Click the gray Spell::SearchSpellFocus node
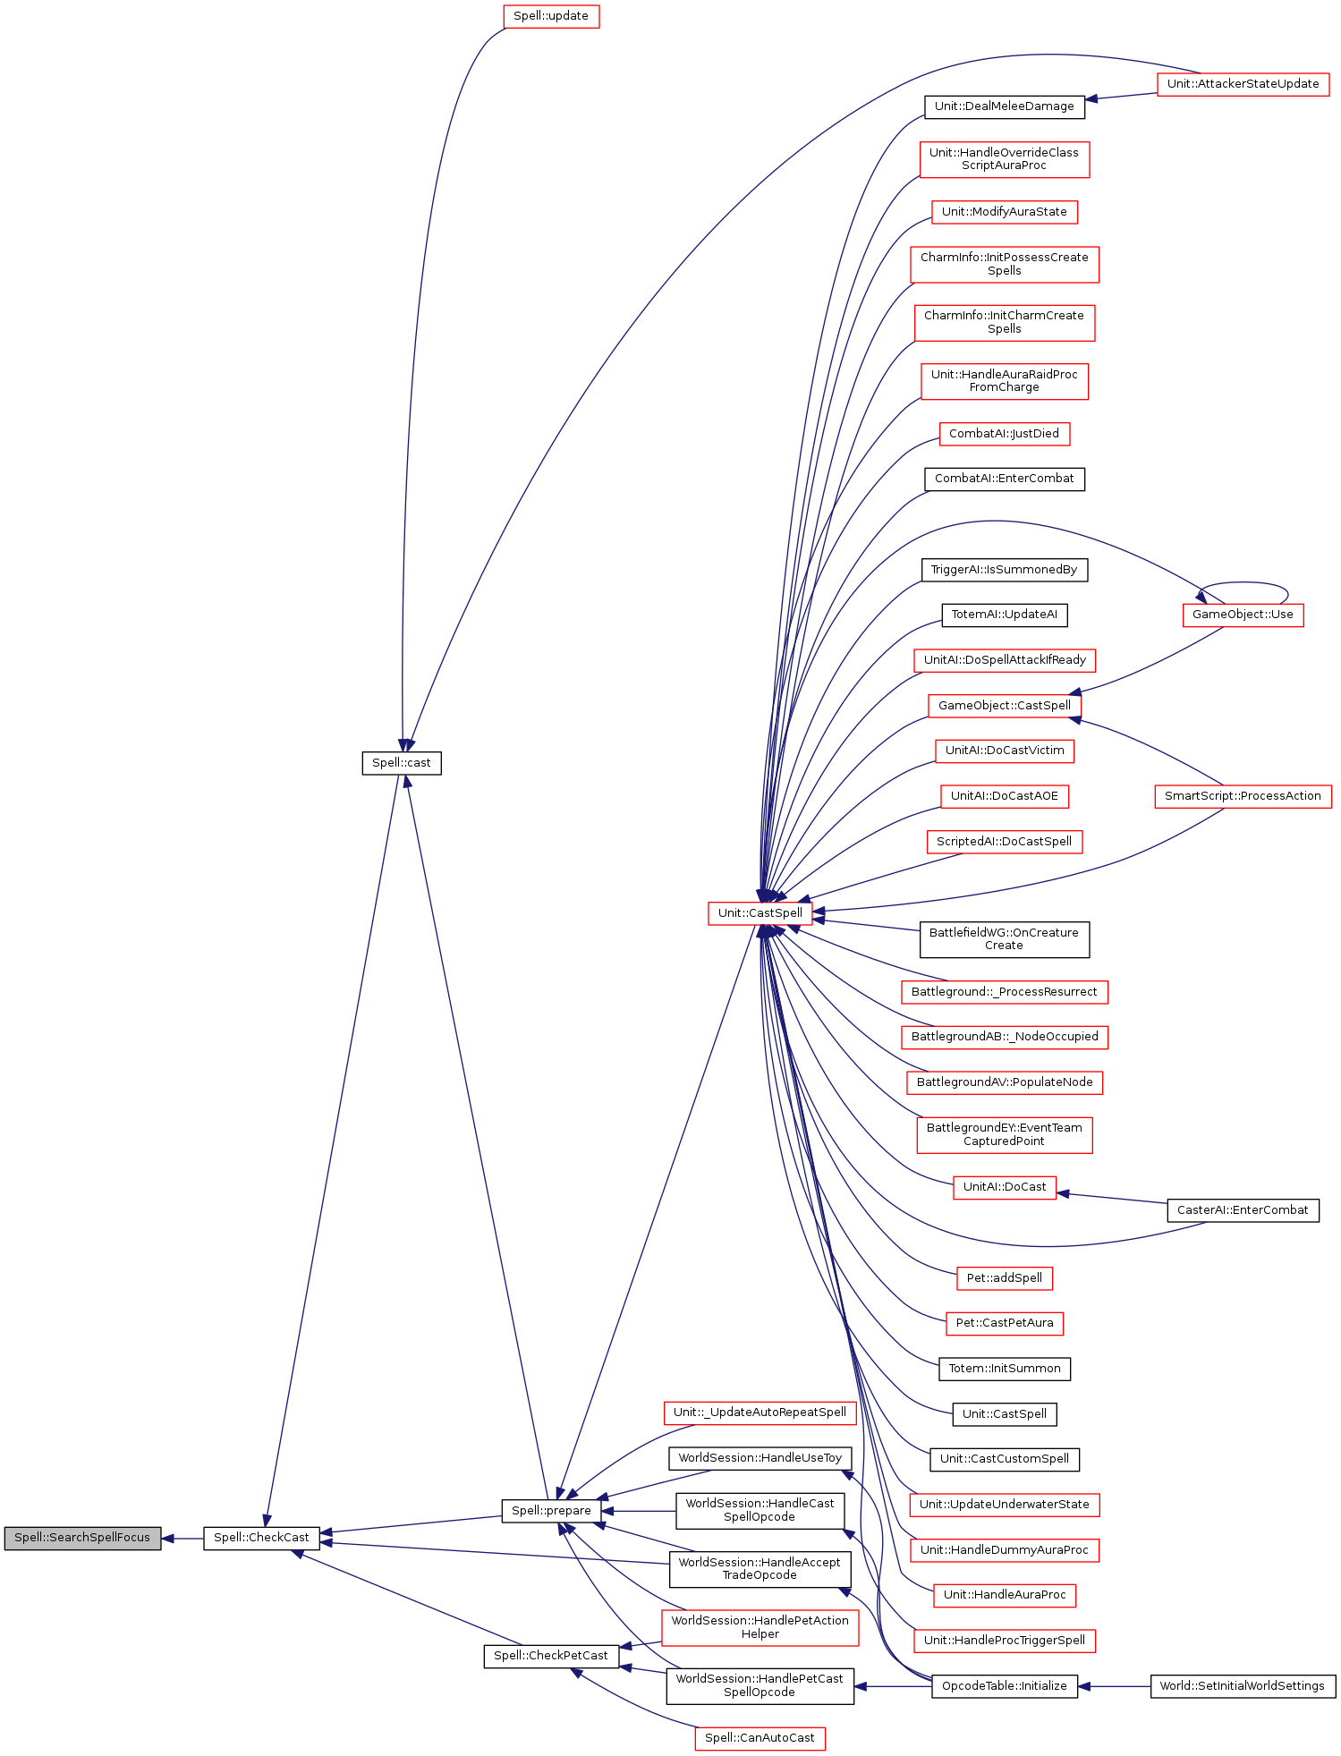click(x=82, y=1538)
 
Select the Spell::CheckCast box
click(x=261, y=1538)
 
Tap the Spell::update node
click(x=550, y=16)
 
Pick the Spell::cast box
click(x=401, y=763)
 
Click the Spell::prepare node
click(x=550, y=1511)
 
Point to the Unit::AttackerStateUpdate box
click(x=1243, y=84)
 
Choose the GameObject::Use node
click(x=1243, y=615)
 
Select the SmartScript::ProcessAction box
click(x=1243, y=796)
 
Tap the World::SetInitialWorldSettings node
click(x=1242, y=1686)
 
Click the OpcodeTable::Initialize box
click(x=1004, y=1686)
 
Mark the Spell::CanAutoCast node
click(x=760, y=1738)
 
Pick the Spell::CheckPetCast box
click(x=550, y=1656)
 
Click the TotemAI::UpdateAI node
click(x=1004, y=615)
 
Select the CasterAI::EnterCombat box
click(x=1243, y=1210)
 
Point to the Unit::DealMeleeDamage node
click(x=1004, y=106)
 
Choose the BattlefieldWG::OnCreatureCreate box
click(x=1004, y=939)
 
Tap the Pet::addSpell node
click(x=1004, y=1278)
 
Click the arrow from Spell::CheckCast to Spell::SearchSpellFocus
click(x=182, y=1539)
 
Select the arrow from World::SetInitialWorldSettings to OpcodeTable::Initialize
click(x=1114, y=1686)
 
